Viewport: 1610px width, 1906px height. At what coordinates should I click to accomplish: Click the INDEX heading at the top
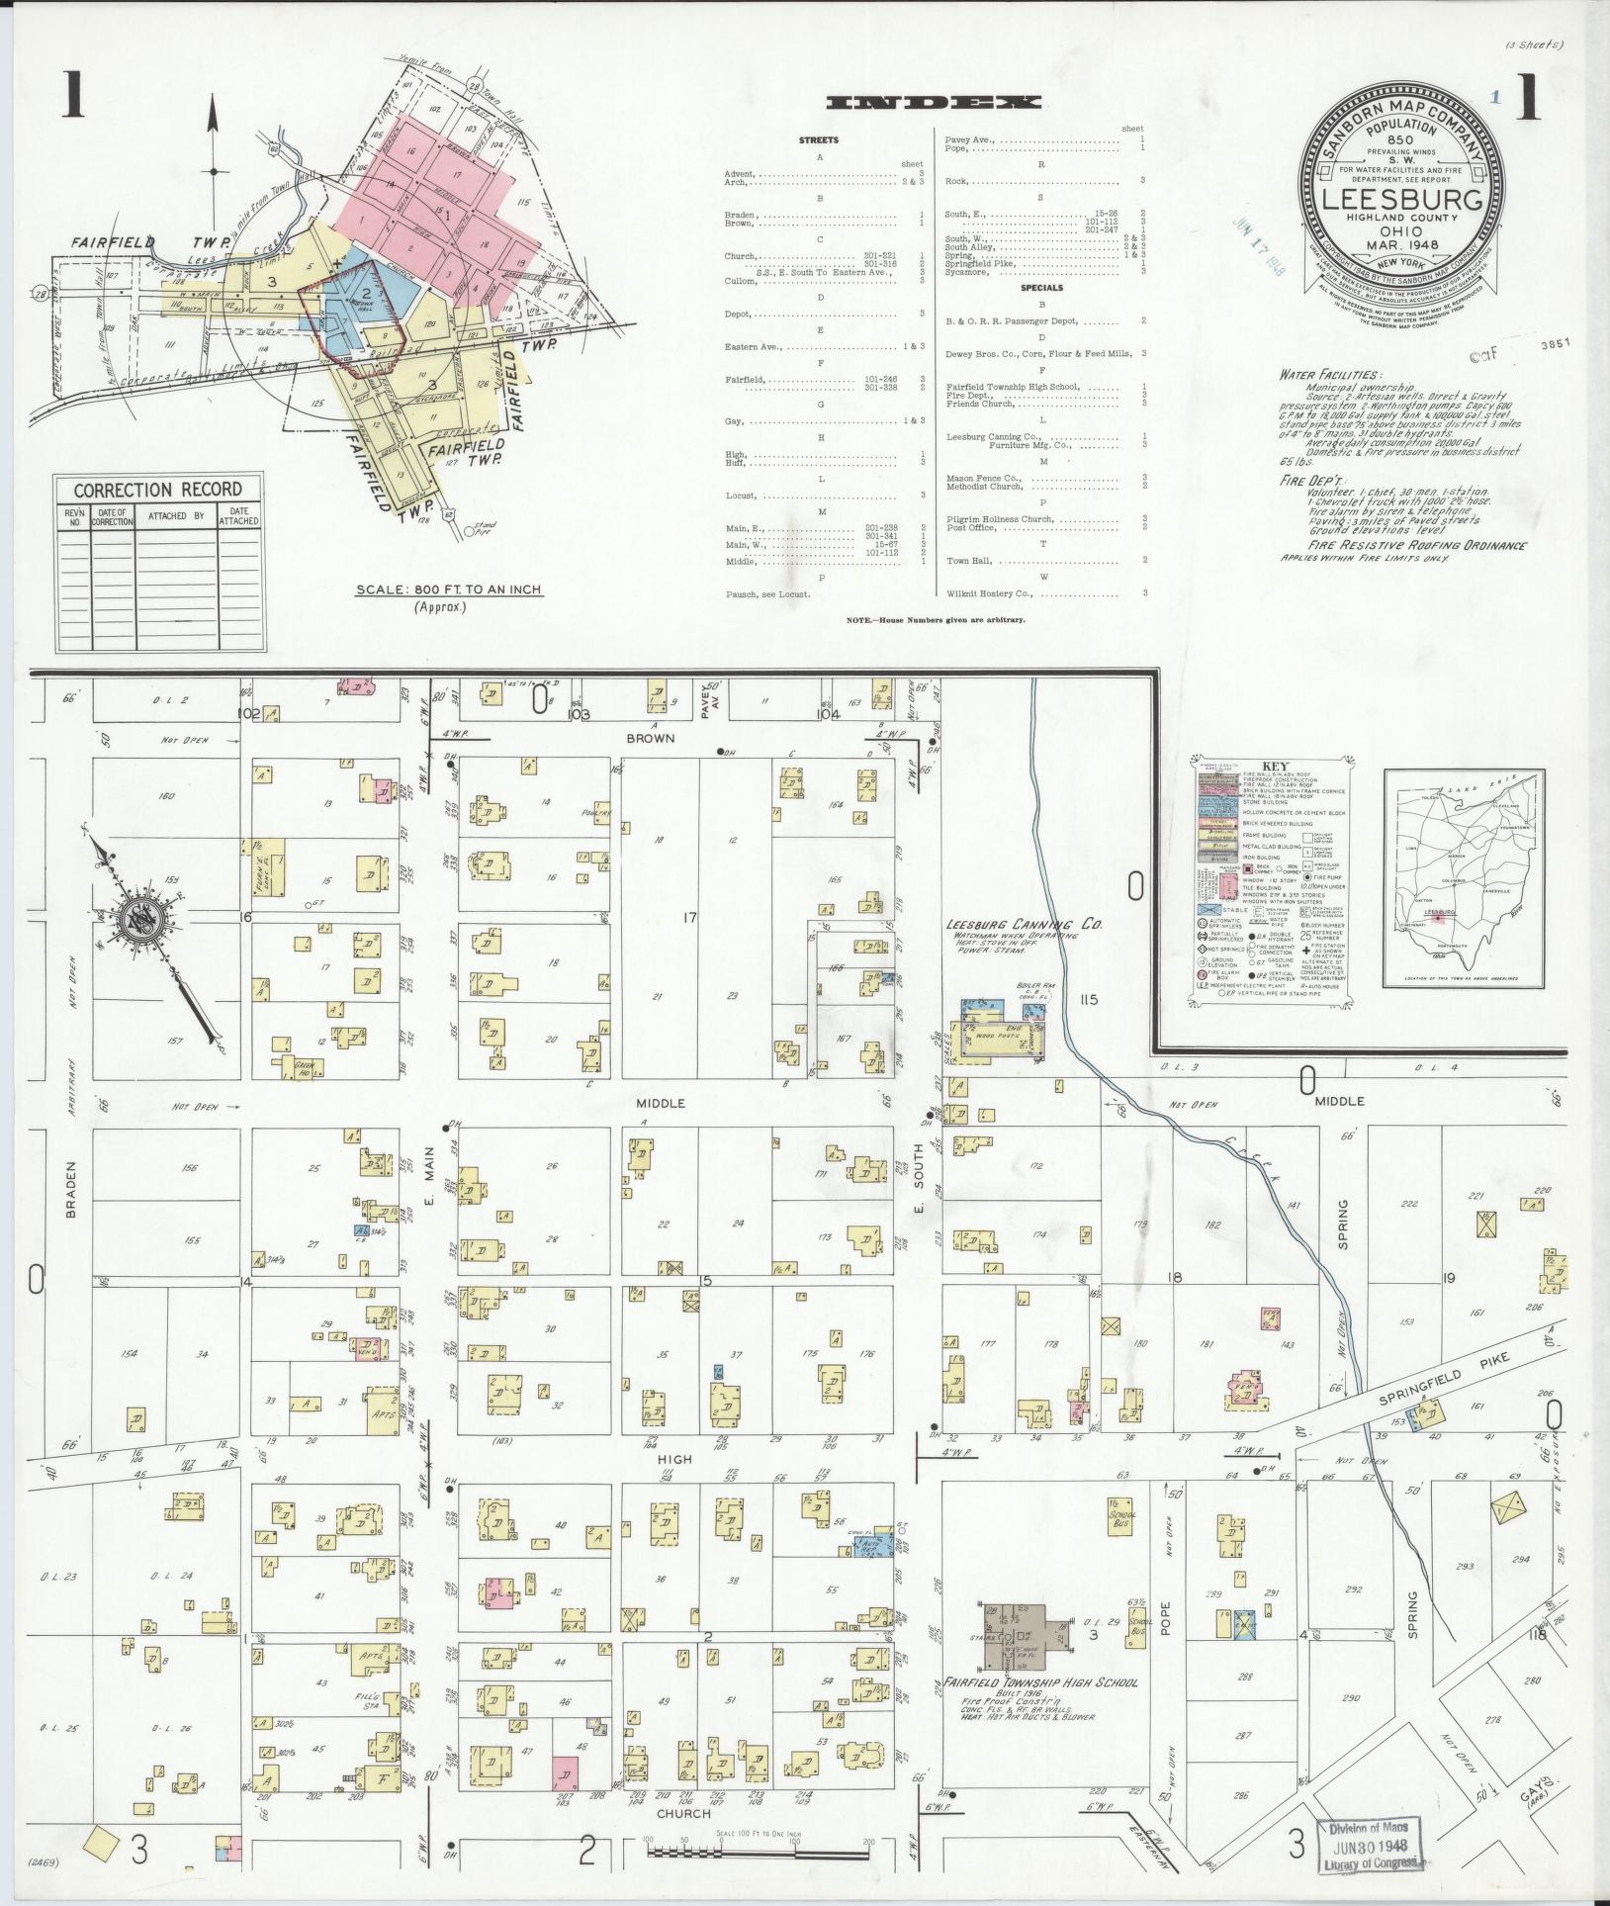point(933,102)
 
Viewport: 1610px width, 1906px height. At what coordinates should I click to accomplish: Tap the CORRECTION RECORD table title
point(157,490)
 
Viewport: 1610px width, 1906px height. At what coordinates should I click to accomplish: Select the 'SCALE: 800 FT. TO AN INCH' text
point(449,590)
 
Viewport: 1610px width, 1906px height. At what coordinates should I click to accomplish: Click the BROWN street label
point(649,738)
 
